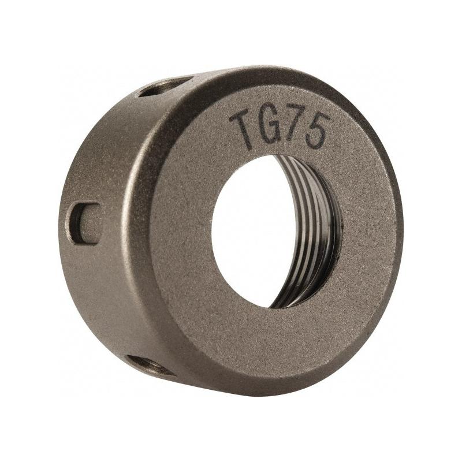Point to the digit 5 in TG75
(x=317, y=131)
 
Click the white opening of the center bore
(x=254, y=231)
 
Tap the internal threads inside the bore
(x=312, y=231)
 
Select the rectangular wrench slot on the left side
(x=84, y=222)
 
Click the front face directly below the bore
(x=271, y=341)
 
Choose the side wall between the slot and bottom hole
(x=104, y=300)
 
